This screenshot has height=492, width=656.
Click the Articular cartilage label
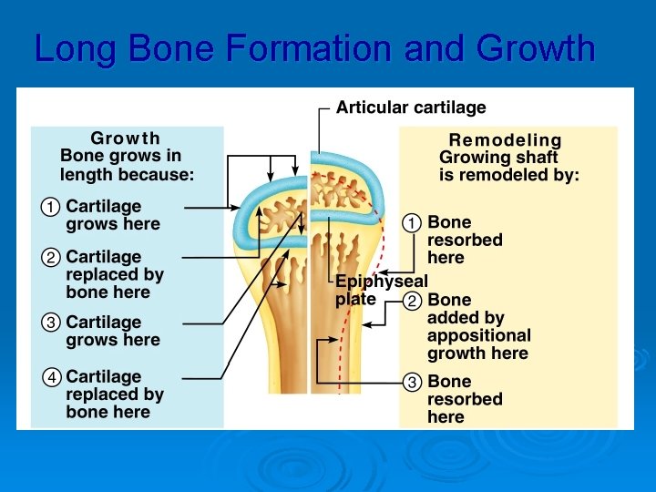coord(411,108)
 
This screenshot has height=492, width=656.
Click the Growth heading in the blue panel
coord(126,138)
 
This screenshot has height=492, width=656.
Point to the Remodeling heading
coord(505,140)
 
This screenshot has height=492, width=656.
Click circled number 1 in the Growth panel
coord(49,207)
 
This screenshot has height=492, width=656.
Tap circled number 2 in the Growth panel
coord(49,258)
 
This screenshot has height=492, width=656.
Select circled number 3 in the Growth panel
coord(49,323)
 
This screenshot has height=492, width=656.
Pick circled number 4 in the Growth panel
coord(49,377)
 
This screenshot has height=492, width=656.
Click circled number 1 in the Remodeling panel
coord(412,222)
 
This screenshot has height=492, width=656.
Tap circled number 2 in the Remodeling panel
coord(412,301)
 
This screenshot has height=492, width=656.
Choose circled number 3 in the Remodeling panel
coord(412,382)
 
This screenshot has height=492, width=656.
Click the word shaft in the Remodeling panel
coord(535,158)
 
